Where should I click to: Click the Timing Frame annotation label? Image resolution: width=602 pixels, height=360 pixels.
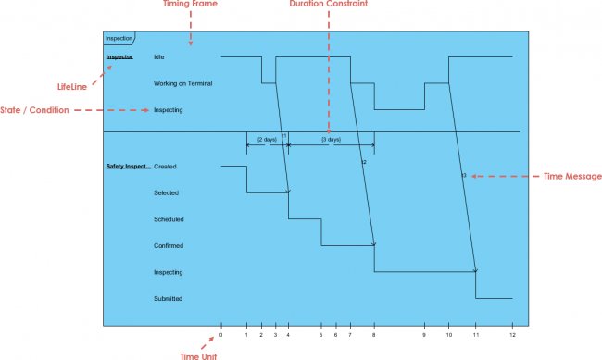(x=190, y=5)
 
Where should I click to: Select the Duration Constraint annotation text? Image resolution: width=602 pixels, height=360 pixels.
(x=328, y=5)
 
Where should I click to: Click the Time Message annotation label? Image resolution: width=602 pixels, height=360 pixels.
(x=572, y=175)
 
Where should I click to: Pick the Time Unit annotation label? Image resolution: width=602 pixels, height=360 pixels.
(x=199, y=355)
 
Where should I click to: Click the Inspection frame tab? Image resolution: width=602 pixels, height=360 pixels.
(x=119, y=39)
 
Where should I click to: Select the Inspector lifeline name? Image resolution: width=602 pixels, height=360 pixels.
(x=119, y=57)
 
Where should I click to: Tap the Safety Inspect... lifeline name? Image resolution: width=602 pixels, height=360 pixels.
(x=128, y=167)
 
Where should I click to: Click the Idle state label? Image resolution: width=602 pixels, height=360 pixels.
(x=159, y=57)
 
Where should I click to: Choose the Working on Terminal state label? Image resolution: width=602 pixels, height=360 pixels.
(x=183, y=83)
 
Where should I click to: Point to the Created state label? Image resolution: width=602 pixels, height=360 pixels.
(x=165, y=167)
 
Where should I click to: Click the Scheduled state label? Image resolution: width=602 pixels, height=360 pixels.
(x=169, y=219)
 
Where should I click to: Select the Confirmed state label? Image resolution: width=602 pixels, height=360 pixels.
(x=169, y=246)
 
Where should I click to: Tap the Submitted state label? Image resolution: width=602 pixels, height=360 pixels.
(x=169, y=299)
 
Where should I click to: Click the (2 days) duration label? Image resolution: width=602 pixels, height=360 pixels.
(x=267, y=139)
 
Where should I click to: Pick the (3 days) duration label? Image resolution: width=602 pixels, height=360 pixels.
(x=331, y=139)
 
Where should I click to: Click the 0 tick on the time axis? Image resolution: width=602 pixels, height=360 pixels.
(x=221, y=335)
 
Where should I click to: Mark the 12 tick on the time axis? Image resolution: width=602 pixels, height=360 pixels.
(x=512, y=335)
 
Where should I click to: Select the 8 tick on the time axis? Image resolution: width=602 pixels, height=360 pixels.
(x=374, y=335)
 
